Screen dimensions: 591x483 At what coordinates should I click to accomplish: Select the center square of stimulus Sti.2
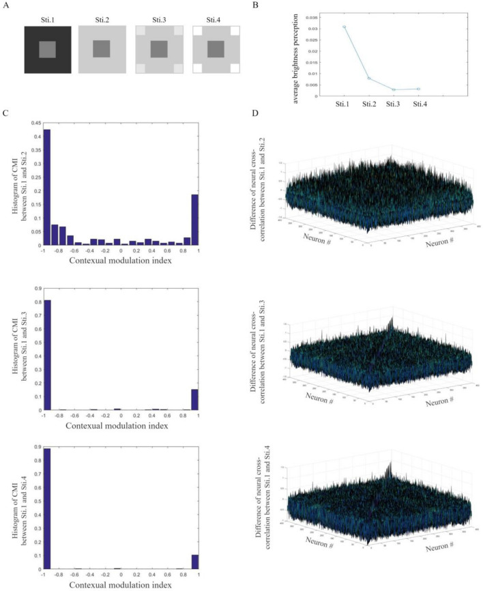[x=102, y=50]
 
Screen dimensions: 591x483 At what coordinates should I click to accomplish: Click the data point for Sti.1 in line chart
[x=345, y=27]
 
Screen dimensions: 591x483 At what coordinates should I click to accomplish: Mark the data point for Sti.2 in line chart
[x=369, y=78]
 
